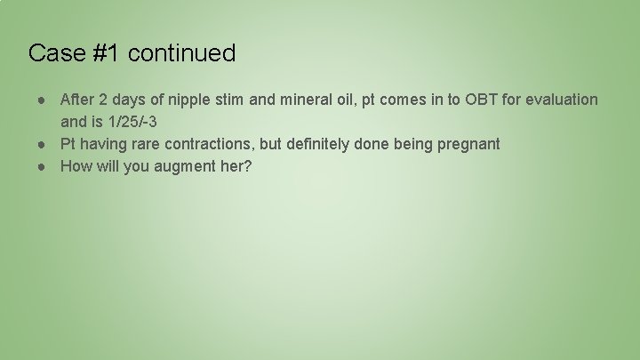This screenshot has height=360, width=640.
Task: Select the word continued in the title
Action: [181, 53]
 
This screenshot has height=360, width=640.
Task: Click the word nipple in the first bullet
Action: [199, 100]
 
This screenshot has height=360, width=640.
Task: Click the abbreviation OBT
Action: [477, 100]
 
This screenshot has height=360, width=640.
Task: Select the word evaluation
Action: [563, 100]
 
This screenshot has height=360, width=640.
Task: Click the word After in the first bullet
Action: [77, 100]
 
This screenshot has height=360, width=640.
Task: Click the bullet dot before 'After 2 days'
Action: [43, 100]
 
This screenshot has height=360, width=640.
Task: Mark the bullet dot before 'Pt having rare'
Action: [43, 144]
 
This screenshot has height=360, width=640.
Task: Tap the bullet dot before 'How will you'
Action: [43, 166]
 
